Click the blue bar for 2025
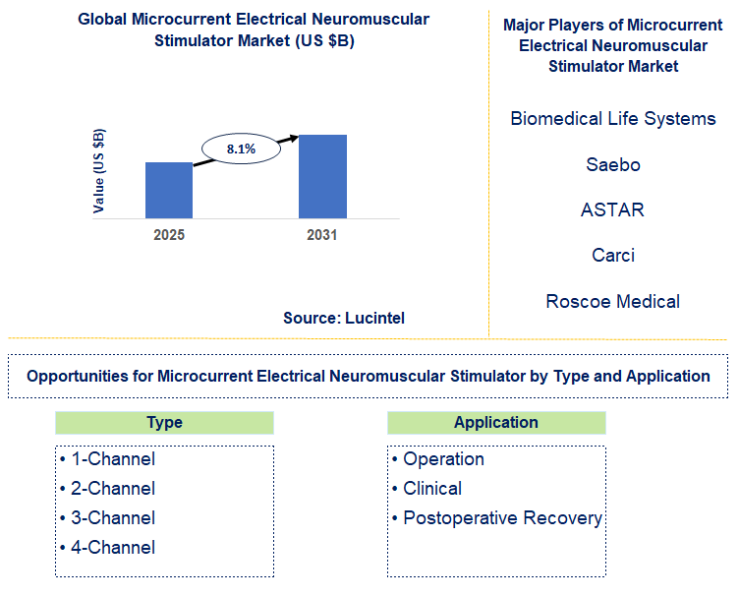[x=169, y=190]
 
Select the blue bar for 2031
[x=322, y=176]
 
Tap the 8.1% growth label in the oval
[x=241, y=149]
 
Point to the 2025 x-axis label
[x=169, y=235]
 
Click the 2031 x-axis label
[x=321, y=235]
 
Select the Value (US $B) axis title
[x=99, y=170]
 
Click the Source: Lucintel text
[x=344, y=318]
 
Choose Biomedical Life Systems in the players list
[x=613, y=119]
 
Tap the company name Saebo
[x=613, y=164]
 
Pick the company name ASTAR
[x=613, y=209]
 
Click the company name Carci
[x=613, y=255]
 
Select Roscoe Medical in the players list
[x=613, y=301]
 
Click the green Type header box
[x=164, y=423]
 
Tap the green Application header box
[x=496, y=423]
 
